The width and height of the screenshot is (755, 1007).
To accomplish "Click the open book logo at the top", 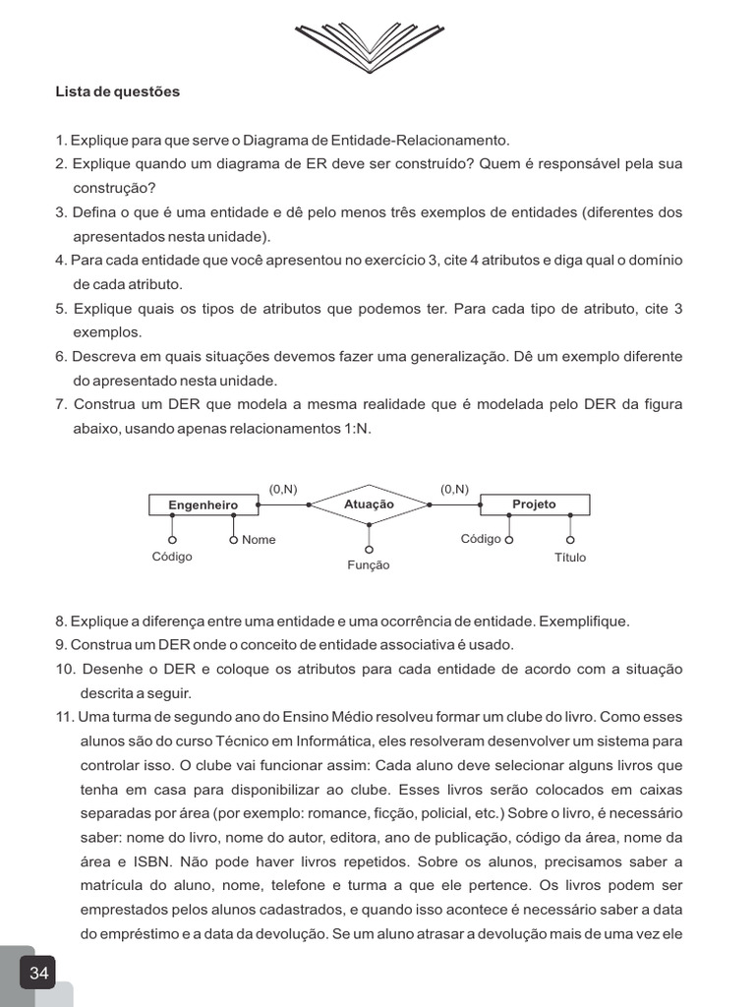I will tap(377, 45).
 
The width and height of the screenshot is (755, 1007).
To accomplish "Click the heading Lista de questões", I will tap(118, 92).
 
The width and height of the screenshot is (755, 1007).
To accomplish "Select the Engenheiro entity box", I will tap(203, 504).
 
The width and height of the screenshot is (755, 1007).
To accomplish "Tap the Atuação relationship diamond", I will tap(369, 504).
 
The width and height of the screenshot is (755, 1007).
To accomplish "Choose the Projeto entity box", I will tap(534, 504).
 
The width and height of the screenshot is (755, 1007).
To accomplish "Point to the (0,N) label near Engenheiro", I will tap(283, 489).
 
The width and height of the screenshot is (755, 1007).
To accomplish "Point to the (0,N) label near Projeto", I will tap(454, 489).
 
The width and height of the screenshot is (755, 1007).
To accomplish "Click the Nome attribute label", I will tap(259, 540).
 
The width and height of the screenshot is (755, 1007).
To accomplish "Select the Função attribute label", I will tap(369, 565).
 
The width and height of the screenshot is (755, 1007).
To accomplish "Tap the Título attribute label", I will tap(570, 558).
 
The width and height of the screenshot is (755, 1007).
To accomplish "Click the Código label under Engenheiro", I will tap(172, 557).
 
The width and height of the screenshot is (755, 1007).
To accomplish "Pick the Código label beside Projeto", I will tap(481, 539).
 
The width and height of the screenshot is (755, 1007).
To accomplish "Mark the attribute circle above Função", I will tap(369, 549).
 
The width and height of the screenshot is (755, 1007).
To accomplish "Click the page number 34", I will tap(38, 974).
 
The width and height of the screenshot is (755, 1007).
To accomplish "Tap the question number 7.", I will tap(61, 405).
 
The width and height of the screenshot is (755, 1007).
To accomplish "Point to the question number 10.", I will tap(65, 670).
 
